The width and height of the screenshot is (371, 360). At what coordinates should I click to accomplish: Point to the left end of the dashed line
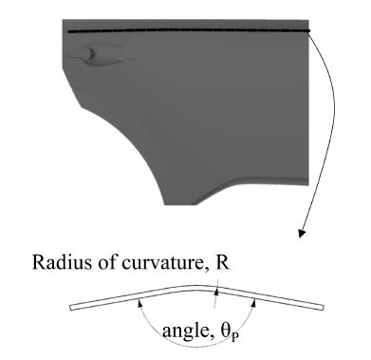[x=69, y=31]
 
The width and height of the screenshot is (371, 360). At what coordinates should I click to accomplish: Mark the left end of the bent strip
[x=72, y=310]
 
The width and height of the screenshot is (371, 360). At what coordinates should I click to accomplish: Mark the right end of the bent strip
[x=325, y=309]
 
